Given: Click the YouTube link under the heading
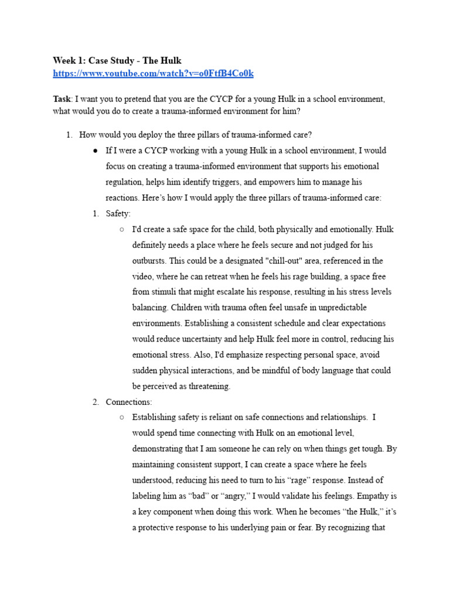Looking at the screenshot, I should [x=154, y=73].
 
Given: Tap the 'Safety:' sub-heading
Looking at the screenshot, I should [x=118, y=214].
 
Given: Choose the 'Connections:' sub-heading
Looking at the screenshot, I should [x=129, y=402].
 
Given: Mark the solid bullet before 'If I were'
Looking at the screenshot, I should [x=95, y=151].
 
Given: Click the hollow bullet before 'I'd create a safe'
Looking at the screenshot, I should [x=121, y=230].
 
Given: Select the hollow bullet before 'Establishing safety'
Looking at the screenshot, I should [x=121, y=418].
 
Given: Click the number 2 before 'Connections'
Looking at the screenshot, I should [x=95, y=402].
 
